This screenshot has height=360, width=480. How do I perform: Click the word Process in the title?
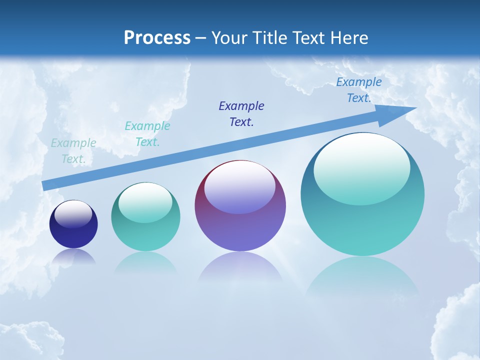(x=157, y=38)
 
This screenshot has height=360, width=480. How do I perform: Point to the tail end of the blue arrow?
(x=44, y=185)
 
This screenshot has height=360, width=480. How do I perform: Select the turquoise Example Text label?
(x=147, y=134)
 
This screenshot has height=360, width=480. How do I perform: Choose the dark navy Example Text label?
(x=241, y=113)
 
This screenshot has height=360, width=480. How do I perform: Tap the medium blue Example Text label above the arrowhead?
(x=359, y=90)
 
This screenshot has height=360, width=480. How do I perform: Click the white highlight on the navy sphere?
(x=73, y=214)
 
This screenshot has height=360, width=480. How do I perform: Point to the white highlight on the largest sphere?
(x=361, y=169)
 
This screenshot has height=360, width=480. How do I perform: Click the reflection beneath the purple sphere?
(x=240, y=267)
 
